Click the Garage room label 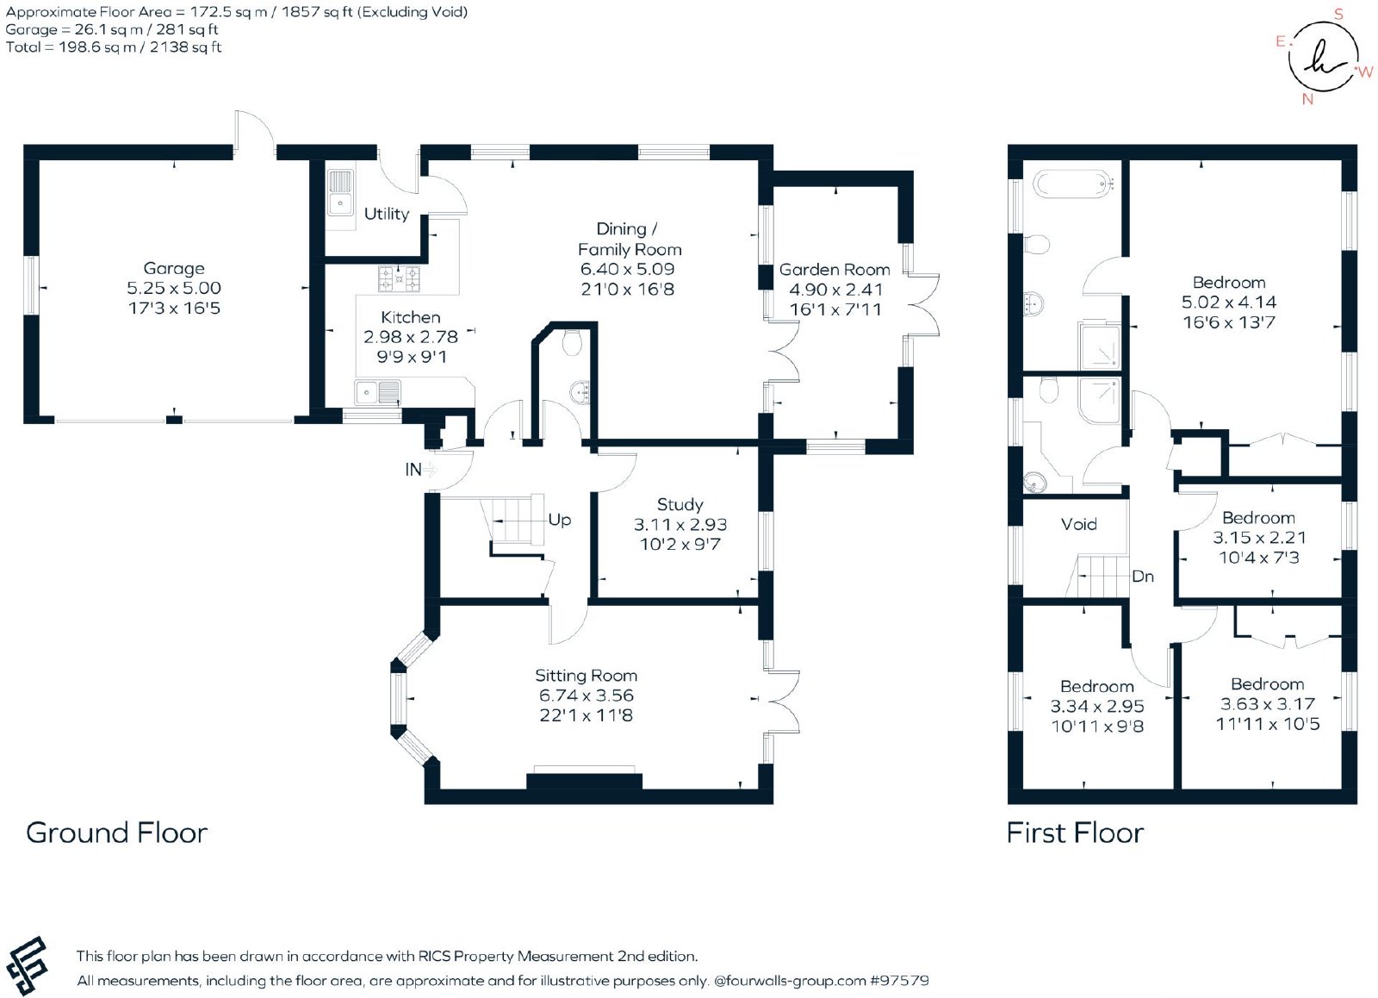pyautogui.click(x=173, y=268)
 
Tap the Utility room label pyautogui.click(x=387, y=214)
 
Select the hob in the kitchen pyautogui.click(x=399, y=278)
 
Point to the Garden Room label pyautogui.click(x=835, y=270)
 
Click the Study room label pyautogui.click(x=680, y=505)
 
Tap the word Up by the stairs pyautogui.click(x=559, y=520)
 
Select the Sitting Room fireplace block pyautogui.click(x=584, y=782)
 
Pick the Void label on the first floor pyautogui.click(x=1078, y=524)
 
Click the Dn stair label pyautogui.click(x=1142, y=577)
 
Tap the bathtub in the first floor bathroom pyautogui.click(x=1073, y=184)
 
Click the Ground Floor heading pyautogui.click(x=116, y=833)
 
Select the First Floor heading pyautogui.click(x=1075, y=833)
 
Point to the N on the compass pyautogui.click(x=1307, y=99)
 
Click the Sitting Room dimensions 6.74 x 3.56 pyautogui.click(x=586, y=695)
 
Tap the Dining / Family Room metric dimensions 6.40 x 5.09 pyautogui.click(x=627, y=269)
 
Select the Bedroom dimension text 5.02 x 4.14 pyautogui.click(x=1228, y=303)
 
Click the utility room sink pyautogui.click(x=340, y=193)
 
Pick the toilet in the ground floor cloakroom pyautogui.click(x=572, y=342)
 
